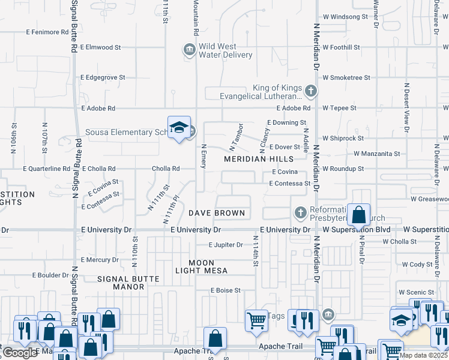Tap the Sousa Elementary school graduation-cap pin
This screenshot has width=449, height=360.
(179, 128)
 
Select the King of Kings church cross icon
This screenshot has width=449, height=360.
(310, 91)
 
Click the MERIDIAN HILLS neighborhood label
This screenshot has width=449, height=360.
(259, 159)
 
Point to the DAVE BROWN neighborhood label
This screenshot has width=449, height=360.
(217, 213)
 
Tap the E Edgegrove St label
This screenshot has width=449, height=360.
(103, 77)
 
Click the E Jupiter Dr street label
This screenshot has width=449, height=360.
(226, 245)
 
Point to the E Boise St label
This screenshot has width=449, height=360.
(225, 290)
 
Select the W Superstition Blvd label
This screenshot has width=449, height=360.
(357, 230)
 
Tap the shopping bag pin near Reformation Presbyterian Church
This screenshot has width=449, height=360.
(358, 215)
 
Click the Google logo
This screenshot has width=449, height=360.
(20, 353)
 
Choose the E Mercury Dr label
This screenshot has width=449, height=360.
(99, 260)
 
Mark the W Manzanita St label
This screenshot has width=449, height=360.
(376, 154)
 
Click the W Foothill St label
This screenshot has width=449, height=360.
(341, 47)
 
